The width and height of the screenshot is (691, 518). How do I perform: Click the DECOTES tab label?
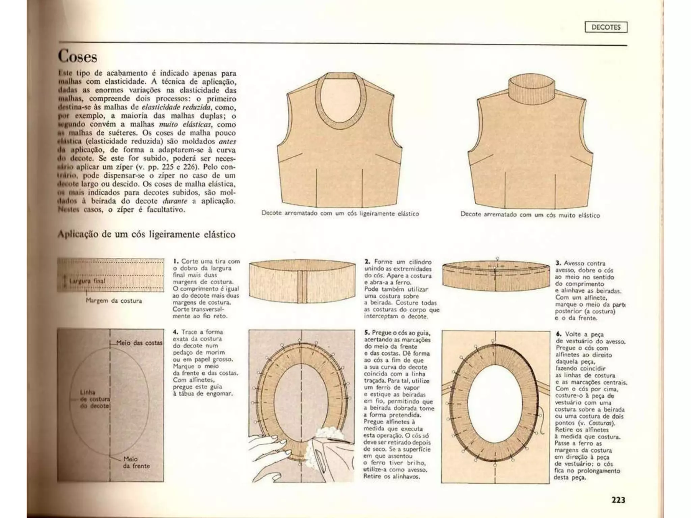coord(606,27)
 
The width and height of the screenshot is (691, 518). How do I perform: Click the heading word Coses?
coord(77,56)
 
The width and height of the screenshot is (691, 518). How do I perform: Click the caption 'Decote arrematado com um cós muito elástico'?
coord(530,215)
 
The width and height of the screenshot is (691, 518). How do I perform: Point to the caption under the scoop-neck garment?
coord(340,213)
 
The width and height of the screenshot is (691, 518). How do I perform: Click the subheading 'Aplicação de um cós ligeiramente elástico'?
coord(146,234)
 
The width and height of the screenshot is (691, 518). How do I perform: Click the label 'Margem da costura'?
coord(114,300)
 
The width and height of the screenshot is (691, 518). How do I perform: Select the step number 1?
coord(175,261)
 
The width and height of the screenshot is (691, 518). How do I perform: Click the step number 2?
coord(367,262)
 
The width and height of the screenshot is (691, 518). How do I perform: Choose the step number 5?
coord(367,333)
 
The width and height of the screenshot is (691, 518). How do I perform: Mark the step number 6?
coord(558,334)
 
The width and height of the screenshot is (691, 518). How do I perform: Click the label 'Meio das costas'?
coord(139,343)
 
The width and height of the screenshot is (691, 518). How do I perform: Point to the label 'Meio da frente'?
coord(136,462)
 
